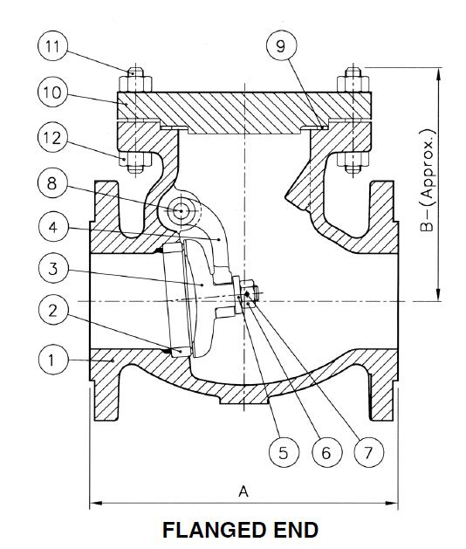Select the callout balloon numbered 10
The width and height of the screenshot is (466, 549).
(54, 92)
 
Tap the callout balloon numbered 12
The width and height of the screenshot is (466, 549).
(54, 137)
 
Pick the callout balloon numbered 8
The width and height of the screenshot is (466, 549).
(54, 183)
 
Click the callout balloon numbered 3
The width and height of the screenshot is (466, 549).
(54, 268)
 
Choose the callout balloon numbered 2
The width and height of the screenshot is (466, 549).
(54, 310)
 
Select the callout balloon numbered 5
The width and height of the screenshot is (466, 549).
(283, 452)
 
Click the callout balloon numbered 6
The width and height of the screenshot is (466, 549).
(326, 452)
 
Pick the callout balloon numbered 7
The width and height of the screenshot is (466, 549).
(369, 452)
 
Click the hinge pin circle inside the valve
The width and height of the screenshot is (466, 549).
(182, 210)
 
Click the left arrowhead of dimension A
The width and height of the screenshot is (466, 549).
(95, 503)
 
